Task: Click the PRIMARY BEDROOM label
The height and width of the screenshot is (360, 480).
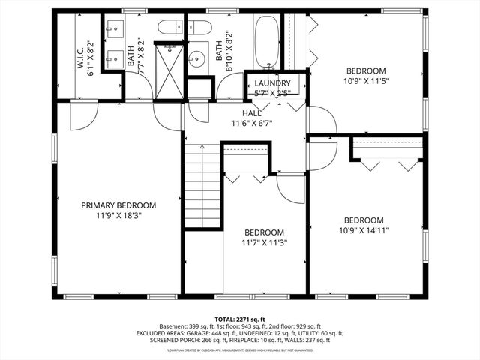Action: (118, 205)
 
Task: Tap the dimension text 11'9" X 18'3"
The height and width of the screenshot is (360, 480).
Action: (118, 215)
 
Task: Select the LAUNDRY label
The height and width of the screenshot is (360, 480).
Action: (272, 83)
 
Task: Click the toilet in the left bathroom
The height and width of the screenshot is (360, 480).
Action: (168, 28)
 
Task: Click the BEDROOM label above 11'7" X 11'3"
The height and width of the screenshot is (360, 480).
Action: (264, 232)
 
